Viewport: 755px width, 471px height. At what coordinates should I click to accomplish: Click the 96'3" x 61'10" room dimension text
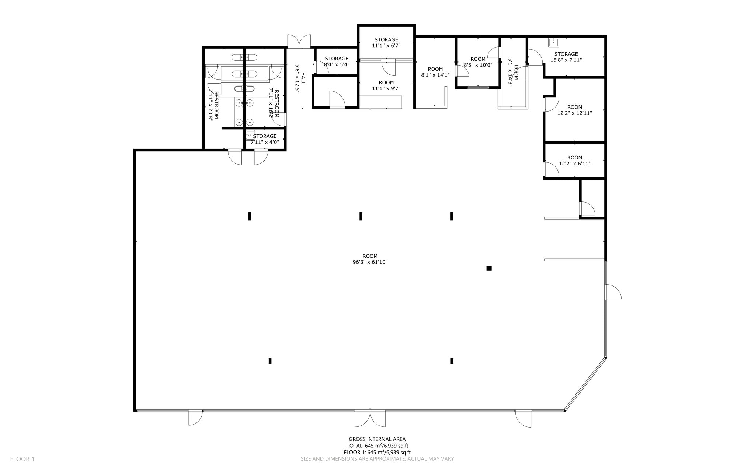(370, 262)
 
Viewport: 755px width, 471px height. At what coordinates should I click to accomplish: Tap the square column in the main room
(489, 268)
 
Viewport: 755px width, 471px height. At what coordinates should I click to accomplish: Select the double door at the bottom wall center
(370, 418)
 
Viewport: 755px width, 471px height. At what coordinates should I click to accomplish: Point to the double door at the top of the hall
(299, 41)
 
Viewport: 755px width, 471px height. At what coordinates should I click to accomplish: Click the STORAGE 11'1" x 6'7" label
(386, 42)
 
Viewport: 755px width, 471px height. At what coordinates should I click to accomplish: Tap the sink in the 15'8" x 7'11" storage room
(553, 43)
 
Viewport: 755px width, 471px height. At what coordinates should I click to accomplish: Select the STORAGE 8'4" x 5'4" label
(336, 61)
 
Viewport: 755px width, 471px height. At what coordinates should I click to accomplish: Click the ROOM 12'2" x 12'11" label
(574, 110)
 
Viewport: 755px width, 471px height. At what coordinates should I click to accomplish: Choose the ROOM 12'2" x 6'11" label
(574, 161)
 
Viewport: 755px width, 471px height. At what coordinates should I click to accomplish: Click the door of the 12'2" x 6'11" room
(551, 169)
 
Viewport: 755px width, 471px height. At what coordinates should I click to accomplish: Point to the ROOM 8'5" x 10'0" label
(478, 62)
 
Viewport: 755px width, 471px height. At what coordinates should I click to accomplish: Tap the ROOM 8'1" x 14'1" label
(435, 72)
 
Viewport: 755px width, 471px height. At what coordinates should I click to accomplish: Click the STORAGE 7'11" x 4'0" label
(265, 139)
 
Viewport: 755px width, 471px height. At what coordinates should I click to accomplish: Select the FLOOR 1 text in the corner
(22, 459)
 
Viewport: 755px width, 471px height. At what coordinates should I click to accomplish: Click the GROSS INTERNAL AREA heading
(377, 439)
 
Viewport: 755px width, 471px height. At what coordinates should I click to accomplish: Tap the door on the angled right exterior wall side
(613, 292)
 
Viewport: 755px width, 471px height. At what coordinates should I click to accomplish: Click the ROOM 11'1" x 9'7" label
(386, 85)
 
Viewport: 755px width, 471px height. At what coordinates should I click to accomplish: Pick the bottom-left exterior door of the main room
(195, 418)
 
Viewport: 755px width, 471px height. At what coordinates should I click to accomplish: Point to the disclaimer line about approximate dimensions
(377, 459)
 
